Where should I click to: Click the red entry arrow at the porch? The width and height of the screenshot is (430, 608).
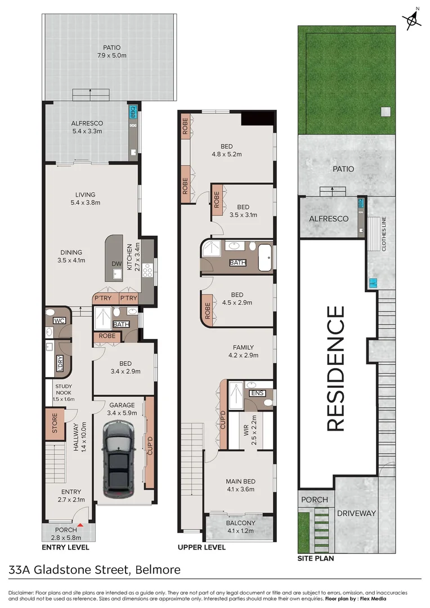click(x=80, y=525)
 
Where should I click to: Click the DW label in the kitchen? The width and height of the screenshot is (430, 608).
click(x=117, y=263)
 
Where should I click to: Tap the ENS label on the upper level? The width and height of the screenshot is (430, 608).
click(x=257, y=393)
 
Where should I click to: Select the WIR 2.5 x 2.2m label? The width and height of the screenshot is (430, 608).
click(x=250, y=431)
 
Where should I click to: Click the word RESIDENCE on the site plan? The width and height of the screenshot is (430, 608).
click(x=335, y=368)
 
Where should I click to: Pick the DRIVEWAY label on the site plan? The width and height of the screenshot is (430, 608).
click(x=356, y=513)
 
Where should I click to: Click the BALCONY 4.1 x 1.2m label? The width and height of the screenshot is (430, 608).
click(x=240, y=526)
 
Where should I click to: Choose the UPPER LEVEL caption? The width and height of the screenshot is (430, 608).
click(x=201, y=547)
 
